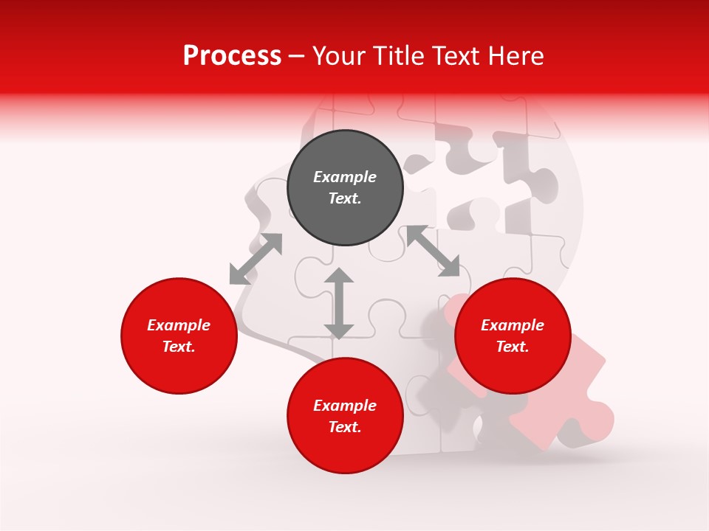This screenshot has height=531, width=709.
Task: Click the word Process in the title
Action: pyautogui.click(x=232, y=56)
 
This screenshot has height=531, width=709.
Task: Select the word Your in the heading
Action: pyautogui.click(x=341, y=56)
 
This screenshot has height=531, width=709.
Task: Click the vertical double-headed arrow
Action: pyautogui.click(x=339, y=303)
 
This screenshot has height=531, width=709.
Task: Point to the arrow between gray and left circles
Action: pyautogui.click(x=256, y=259)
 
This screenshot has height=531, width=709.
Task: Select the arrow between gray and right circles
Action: pyautogui.click(x=434, y=251)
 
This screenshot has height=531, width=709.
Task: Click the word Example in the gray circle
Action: pyautogui.click(x=345, y=177)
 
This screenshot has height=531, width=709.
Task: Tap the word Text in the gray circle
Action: pyautogui.click(x=343, y=198)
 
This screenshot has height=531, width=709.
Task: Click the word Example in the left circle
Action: pyautogui.click(x=179, y=325)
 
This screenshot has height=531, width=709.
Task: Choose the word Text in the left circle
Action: pyautogui.click(x=177, y=347)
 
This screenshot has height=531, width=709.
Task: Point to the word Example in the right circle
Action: pyautogui.click(x=513, y=325)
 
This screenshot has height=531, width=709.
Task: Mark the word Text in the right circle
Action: pyautogui.click(x=511, y=347)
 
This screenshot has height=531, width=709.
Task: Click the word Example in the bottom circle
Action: pyautogui.click(x=345, y=406)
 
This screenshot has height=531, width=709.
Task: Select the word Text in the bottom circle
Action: pyautogui.click(x=343, y=427)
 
